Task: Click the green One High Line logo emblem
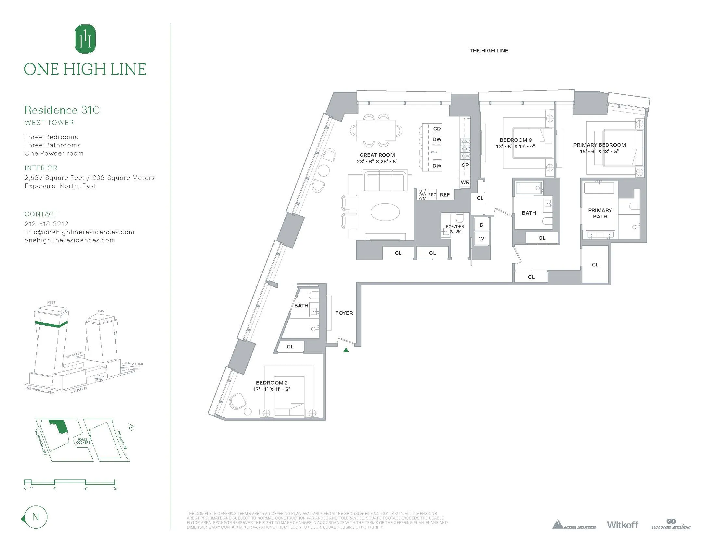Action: (85, 39)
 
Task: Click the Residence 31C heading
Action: (62, 110)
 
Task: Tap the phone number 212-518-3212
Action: (46, 224)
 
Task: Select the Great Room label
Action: (377, 155)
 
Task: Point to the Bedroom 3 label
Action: (516, 140)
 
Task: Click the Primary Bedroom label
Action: (599, 145)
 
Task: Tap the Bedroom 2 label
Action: (271, 383)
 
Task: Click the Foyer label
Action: (344, 313)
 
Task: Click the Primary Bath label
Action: (600, 213)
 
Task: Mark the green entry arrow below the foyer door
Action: (346, 350)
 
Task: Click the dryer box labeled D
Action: (481, 225)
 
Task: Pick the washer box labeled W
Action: (481, 238)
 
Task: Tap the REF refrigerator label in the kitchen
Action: (445, 195)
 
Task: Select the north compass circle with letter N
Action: (36, 517)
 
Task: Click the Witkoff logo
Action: (622, 525)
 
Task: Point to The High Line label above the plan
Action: (488, 50)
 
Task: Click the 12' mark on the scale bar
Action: (115, 488)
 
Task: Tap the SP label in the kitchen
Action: (465, 165)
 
